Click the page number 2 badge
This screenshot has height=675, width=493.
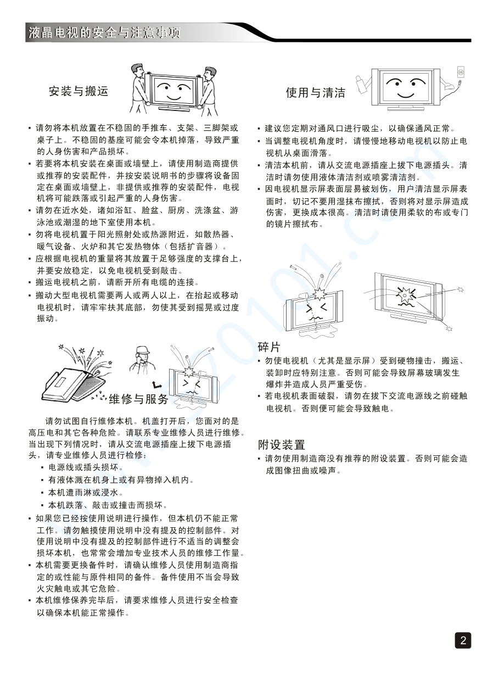tap(463, 640)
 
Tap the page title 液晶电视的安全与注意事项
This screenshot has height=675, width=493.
tap(104, 32)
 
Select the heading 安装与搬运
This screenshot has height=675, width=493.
tap(79, 91)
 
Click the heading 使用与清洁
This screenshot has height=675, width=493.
tap(315, 92)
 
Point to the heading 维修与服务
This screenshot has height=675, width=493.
tap(138, 399)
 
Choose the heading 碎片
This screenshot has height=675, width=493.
tap(269, 347)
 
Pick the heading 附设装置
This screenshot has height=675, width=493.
tap(282, 444)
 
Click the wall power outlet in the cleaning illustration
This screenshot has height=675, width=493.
tap(461, 72)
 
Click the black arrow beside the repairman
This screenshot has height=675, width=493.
tap(157, 385)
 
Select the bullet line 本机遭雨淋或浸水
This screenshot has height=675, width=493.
tap(82, 493)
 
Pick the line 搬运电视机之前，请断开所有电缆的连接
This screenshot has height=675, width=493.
tap(114, 282)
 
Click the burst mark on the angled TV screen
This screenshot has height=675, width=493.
tap(406, 295)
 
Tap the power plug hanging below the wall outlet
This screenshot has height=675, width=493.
tap(460, 82)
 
